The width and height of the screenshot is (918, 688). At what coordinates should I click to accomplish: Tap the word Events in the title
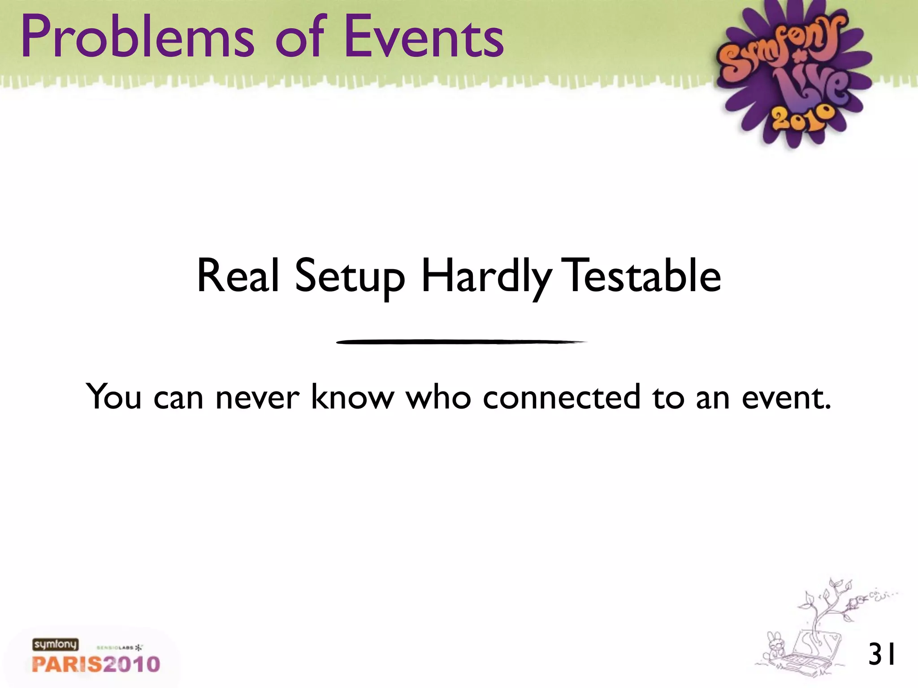[x=424, y=37]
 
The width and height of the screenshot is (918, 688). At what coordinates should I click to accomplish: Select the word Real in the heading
[x=238, y=276]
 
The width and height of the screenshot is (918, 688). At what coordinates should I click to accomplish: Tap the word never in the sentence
[x=257, y=397]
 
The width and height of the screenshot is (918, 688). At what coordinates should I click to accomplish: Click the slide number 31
[x=882, y=654]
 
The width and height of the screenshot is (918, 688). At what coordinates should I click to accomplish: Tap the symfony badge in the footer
[x=55, y=645]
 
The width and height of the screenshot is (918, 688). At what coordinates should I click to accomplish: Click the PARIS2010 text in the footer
[x=96, y=664]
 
